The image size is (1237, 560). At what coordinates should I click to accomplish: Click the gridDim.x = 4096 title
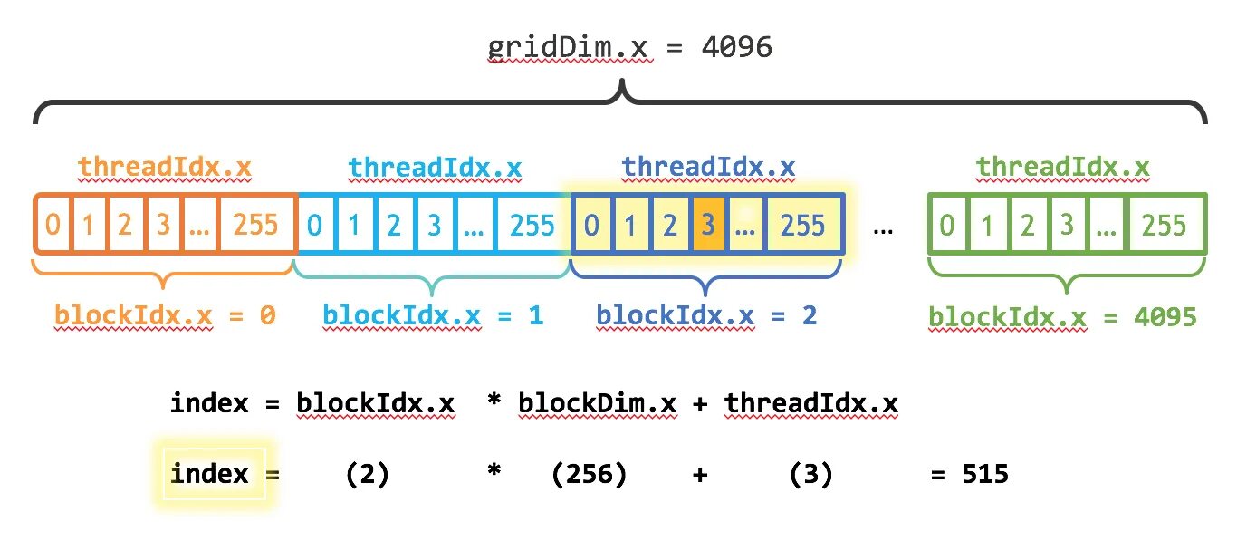pos(630,46)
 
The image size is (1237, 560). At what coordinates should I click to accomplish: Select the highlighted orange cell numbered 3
pos(706,224)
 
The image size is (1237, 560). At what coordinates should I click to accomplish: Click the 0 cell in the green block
pos(947,224)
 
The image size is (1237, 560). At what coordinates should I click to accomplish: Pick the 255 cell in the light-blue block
pos(532,224)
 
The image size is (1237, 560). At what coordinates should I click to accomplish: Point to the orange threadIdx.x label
pos(165,168)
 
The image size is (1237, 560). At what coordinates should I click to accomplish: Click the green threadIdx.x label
pos(1063,168)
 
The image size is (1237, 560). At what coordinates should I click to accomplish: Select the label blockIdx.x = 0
pos(165,315)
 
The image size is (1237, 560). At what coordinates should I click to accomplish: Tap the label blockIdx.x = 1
pos(434,315)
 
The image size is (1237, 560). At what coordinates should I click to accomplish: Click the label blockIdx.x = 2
pos(706,315)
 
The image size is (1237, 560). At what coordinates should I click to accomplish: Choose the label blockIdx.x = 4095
pos(1063,317)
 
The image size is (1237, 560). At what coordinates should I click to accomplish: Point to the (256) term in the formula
pos(589,474)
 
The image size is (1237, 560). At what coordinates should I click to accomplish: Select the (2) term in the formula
pos(368,474)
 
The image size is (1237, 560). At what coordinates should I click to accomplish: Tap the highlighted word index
pos(209,474)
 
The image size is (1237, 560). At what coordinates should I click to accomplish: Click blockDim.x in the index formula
pos(598,403)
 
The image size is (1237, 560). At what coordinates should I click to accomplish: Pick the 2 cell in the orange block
pos(125,224)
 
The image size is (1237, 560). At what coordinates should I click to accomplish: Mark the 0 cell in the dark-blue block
pos(591,224)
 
